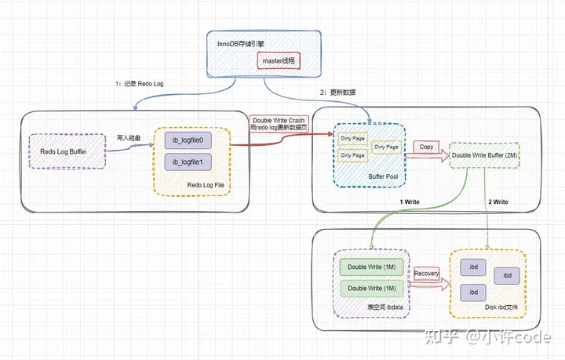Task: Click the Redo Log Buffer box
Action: click(68, 150)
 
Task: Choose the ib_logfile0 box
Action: click(188, 140)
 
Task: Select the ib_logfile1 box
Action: click(188, 161)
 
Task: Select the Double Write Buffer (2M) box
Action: click(484, 155)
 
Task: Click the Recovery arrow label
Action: click(427, 274)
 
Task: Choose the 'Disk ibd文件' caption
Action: click(493, 307)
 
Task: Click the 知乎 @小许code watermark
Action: click(488, 337)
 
